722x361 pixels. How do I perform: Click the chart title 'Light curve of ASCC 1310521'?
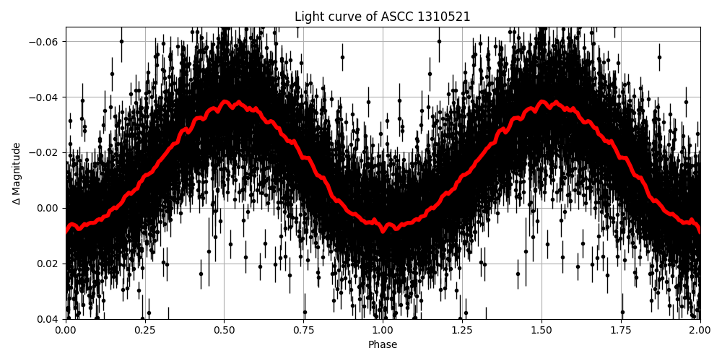383,17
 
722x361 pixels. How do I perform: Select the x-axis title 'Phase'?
383,345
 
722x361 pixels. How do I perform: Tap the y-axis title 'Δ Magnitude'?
17,173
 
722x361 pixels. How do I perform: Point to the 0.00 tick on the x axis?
66,331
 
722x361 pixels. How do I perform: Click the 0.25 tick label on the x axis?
145,331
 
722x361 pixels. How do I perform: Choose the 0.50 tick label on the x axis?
224,331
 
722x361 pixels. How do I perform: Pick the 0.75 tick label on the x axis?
303,331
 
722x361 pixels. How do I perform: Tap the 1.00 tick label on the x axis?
383,331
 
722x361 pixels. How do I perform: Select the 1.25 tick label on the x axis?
462,331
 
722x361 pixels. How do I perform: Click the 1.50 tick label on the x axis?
541,331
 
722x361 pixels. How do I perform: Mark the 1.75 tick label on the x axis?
621,331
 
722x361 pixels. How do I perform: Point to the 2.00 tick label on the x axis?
700,331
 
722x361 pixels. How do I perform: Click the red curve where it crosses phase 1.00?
383,228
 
